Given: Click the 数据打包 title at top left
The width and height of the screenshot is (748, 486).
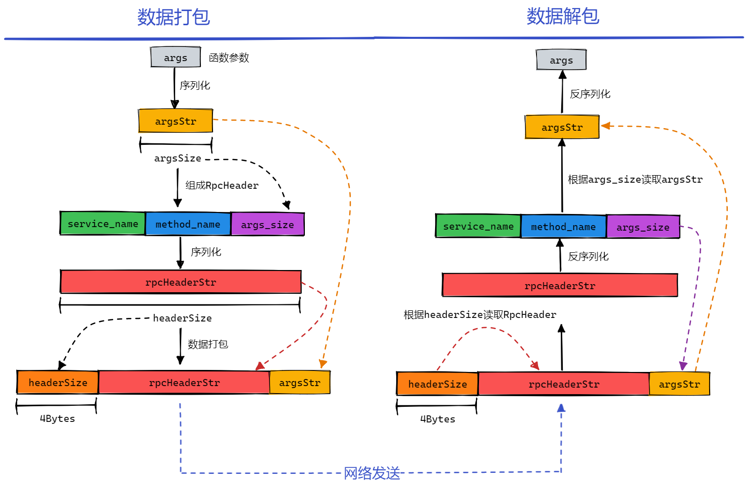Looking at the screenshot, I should tap(173, 17).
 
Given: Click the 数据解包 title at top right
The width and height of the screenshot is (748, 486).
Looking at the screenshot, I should tap(563, 16).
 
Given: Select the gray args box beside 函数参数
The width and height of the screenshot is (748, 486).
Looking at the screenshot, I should tap(176, 58).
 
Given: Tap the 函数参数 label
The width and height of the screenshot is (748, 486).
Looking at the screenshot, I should tap(229, 58).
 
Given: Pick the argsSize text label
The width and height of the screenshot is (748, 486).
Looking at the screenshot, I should tap(178, 158).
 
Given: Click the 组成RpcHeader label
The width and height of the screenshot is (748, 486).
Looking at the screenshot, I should tap(222, 186).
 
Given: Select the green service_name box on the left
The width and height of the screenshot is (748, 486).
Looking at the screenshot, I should tap(103, 224).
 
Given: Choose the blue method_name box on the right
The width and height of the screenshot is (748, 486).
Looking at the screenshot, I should tap(563, 227).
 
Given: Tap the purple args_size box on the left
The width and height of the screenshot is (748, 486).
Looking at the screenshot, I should tap(268, 225).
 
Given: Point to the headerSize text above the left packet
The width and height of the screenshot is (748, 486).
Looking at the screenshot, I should tap(182, 318).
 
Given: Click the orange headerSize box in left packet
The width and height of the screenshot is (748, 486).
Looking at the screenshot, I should tap(58, 383).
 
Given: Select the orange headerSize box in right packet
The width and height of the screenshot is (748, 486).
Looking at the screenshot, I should tap(438, 384).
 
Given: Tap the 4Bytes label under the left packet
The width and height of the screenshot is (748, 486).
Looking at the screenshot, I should tap(58, 419).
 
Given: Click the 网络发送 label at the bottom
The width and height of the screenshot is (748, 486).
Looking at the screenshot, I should tap(372, 473).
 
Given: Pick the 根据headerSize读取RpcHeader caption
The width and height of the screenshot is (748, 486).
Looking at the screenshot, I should tap(479, 315).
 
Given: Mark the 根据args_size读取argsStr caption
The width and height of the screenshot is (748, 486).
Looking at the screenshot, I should tap(635, 180).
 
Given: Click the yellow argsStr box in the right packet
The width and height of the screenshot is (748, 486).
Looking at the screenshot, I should tap(679, 384).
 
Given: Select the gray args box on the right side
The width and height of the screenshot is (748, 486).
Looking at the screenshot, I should tap(561, 60).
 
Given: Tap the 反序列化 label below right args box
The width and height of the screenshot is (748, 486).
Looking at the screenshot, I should tap(590, 94).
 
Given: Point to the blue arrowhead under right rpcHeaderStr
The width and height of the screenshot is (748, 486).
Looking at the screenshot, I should tap(561, 408).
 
